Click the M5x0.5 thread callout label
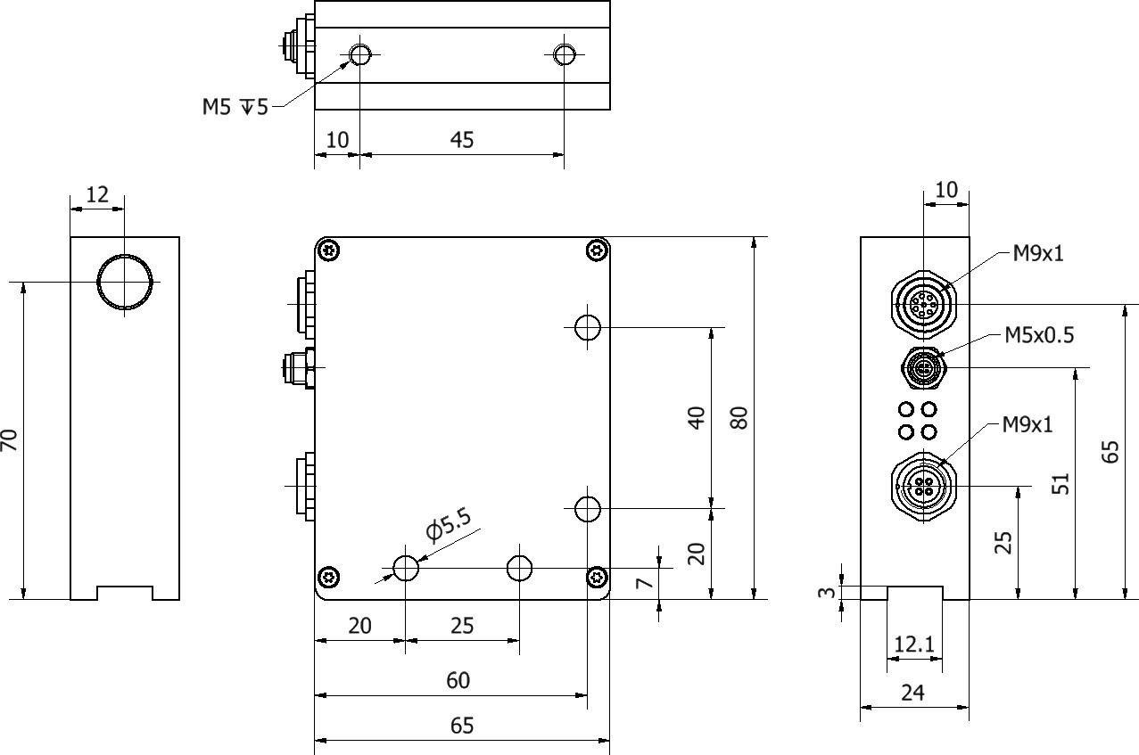[1039, 335]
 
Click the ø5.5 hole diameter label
[448, 525]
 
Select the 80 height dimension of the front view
[739, 417]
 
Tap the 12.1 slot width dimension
[914, 643]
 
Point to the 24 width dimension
[913, 693]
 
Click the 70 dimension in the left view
[10, 439]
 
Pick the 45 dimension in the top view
[462, 140]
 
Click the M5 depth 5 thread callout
[235, 108]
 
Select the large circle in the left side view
[125, 282]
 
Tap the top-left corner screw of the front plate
[331, 250]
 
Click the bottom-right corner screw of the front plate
[598, 578]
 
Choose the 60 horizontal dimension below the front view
[458, 681]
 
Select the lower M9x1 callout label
[1027, 424]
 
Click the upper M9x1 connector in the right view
[922, 304]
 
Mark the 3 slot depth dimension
[827, 592]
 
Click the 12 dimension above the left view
[97, 194]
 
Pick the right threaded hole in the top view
[564, 55]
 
